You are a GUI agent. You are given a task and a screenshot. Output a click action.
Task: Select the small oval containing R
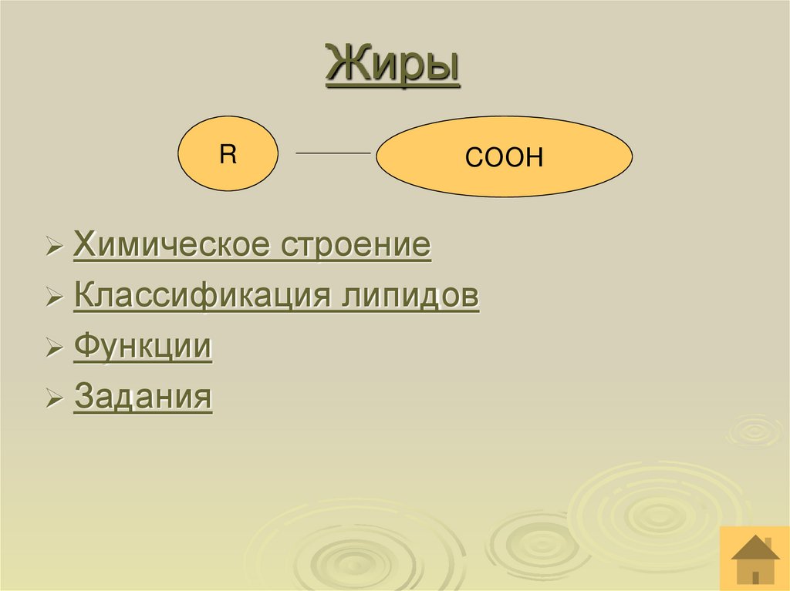click(x=228, y=154)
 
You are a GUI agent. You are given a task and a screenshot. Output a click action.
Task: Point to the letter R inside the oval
click(x=228, y=153)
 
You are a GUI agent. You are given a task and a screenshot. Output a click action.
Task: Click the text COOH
click(x=504, y=159)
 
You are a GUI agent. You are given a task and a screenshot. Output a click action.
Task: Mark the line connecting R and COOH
click(x=333, y=154)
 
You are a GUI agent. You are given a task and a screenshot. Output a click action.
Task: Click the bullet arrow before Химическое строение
click(x=54, y=249)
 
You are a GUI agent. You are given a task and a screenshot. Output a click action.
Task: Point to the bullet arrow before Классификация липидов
click(x=54, y=299)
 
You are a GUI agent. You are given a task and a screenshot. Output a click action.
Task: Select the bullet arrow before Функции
click(x=54, y=350)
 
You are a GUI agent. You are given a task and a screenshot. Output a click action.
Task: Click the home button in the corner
click(x=755, y=559)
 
